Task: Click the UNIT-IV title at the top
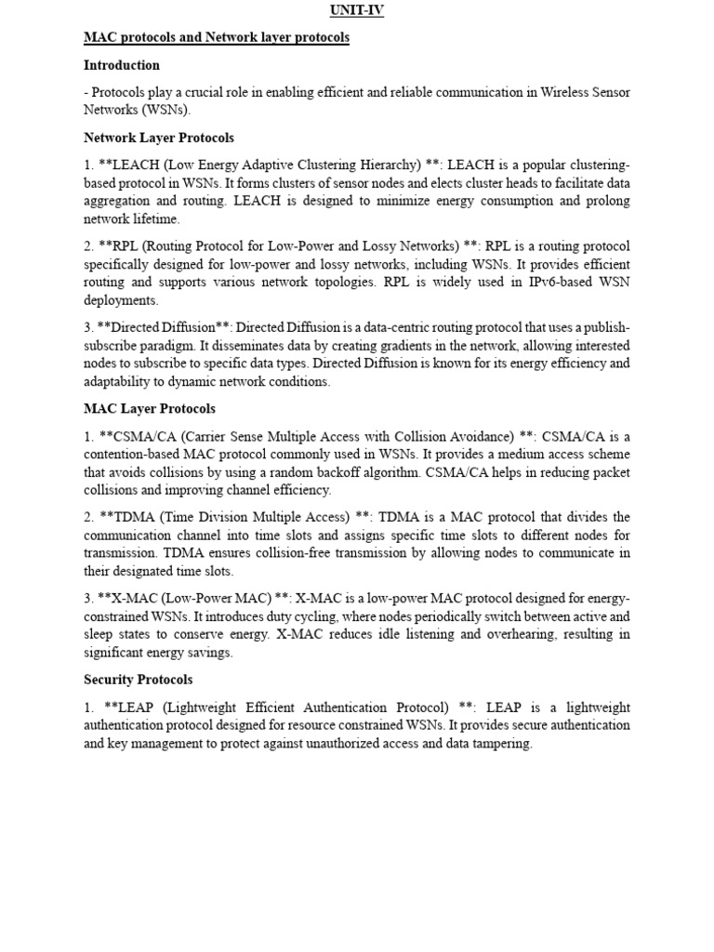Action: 356,11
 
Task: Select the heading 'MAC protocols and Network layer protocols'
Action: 217,38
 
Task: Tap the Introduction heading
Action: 122,65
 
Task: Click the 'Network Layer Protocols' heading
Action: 159,138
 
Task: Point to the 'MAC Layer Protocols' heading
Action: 150,408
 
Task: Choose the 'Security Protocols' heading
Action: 139,680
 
